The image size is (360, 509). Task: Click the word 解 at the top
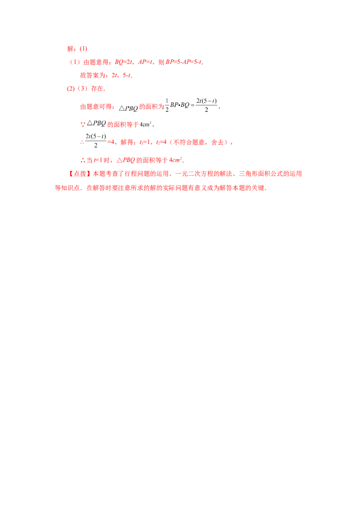[70, 49]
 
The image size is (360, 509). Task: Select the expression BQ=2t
[123, 62]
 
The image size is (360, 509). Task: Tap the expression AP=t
[145, 62]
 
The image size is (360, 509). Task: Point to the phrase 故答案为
[93, 75]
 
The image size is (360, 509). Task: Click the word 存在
[97, 89]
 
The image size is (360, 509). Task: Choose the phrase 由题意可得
[95, 107]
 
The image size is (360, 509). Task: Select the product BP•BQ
[180, 105]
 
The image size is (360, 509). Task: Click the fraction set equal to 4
[95, 141]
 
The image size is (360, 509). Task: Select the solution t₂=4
[161, 142]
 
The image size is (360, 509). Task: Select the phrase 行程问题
[137, 174]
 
